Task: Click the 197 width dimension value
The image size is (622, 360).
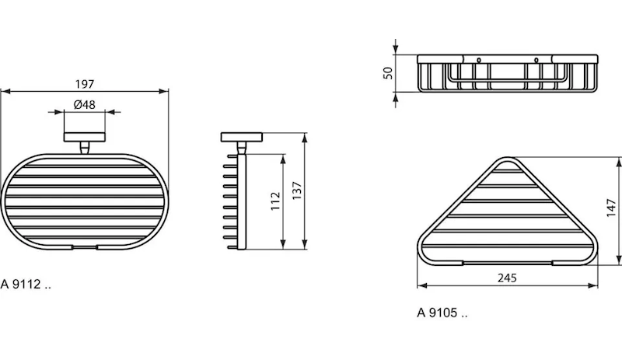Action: pyautogui.click(x=85, y=84)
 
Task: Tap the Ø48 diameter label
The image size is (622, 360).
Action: pyautogui.click(x=85, y=104)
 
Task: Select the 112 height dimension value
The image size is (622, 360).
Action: pyautogui.click(x=276, y=201)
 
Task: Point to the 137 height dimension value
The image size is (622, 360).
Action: pyautogui.click(x=297, y=191)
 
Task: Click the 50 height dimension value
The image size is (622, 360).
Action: pyautogui.click(x=388, y=73)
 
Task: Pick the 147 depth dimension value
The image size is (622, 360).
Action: pyautogui.click(x=611, y=208)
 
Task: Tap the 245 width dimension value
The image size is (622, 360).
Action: pyautogui.click(x=507, y=278)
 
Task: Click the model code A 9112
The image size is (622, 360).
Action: pyautogui.click(x=26, y=284)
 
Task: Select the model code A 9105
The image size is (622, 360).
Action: pyautogui.click(x=442, y=313)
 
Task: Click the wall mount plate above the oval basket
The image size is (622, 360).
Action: pyautogui.click(x=85, y=137)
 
